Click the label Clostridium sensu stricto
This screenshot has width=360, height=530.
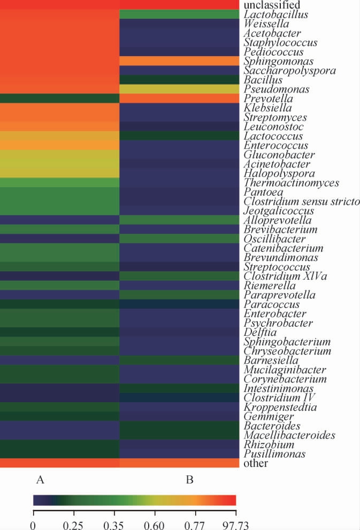coord(302,201)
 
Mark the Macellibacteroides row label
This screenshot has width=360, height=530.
coord(281,435)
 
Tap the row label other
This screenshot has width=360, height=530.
coord(256,463)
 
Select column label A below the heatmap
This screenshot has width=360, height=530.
coord(39,480)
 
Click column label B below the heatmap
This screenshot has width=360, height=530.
coord(189,480)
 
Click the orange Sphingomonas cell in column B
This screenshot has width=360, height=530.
coord(179,61)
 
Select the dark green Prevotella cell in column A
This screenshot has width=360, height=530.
coord(59,98)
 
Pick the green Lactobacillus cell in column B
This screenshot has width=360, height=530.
coord(179,14)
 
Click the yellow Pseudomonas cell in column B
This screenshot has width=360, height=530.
coord(179,89)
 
